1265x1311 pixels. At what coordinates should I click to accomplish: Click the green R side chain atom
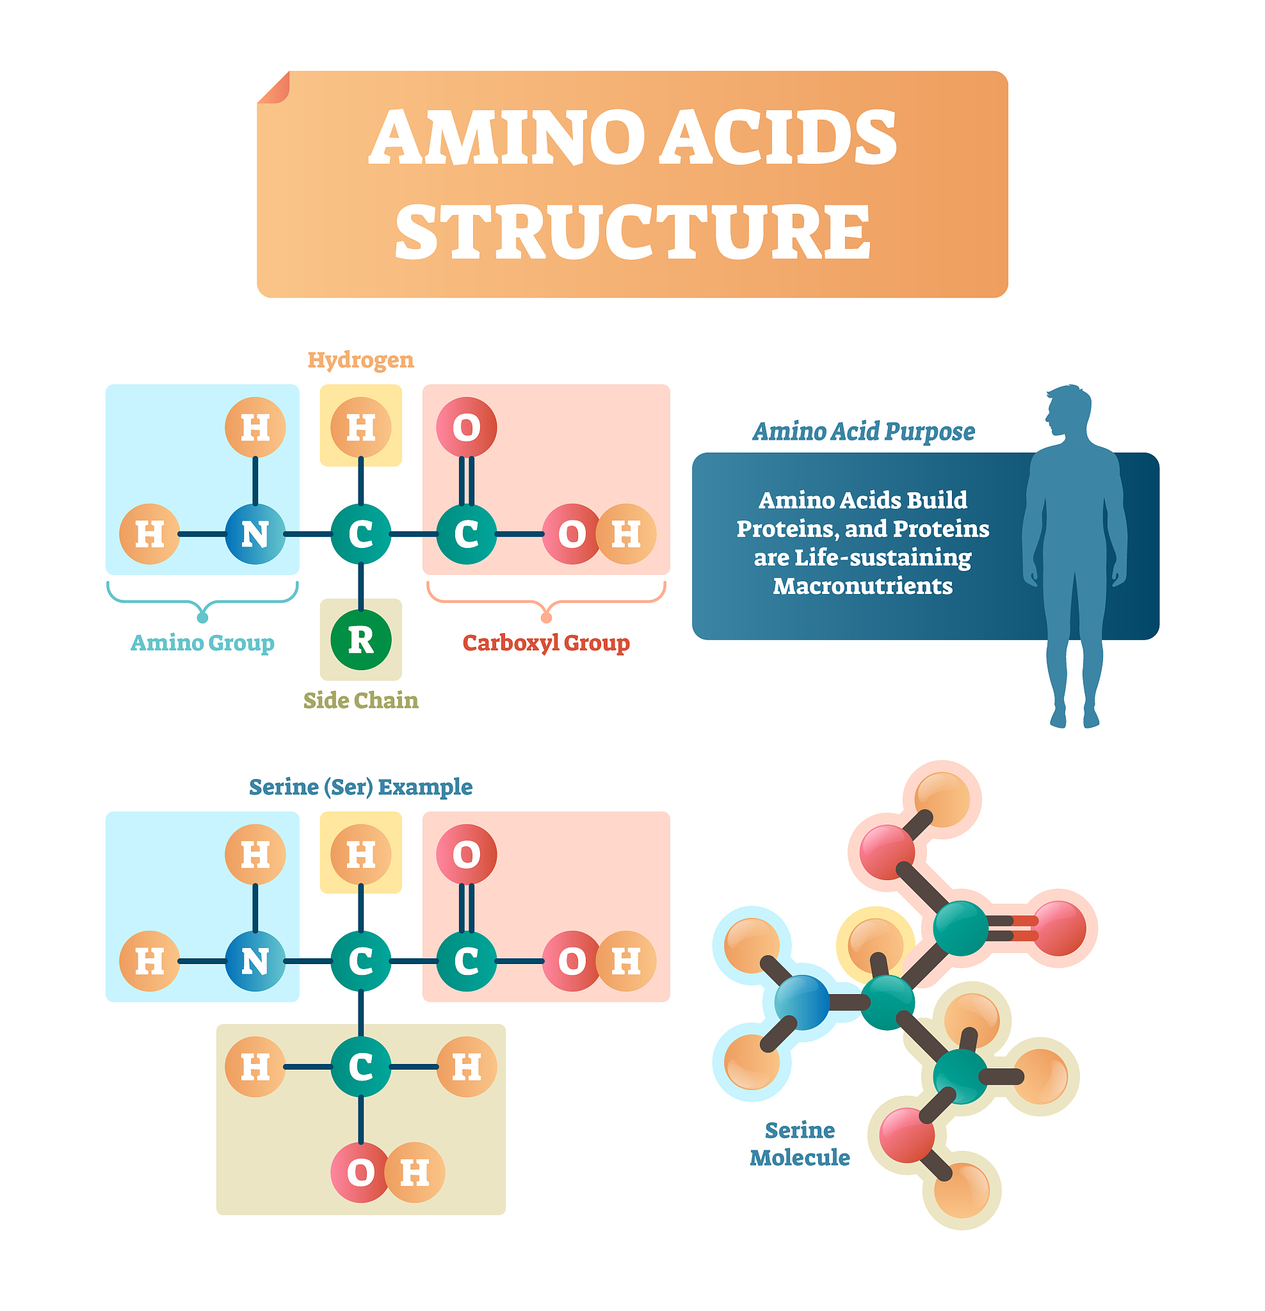coord(360,640)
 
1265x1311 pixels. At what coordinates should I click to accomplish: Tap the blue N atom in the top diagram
coord(255,534)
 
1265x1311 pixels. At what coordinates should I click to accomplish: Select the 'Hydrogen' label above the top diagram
coord(360,360)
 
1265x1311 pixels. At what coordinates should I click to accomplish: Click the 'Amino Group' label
coord(202,643)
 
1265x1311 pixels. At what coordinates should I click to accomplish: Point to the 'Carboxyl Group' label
coord(546,643)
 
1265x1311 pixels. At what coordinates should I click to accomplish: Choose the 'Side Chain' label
coord(360,700)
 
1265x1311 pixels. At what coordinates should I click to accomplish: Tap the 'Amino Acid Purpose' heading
coord(863,431)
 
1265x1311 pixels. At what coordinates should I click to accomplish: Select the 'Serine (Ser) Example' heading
coord(360,787)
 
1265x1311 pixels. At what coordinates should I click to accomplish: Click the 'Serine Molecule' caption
coord(800,1144)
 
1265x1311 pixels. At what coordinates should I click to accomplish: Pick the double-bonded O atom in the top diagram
coord(466,427)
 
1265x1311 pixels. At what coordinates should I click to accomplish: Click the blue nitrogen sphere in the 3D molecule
coord(802,1001)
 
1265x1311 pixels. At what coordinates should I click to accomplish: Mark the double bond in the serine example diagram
coord(466,908)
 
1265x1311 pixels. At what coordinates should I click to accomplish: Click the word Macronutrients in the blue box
coord(862,586)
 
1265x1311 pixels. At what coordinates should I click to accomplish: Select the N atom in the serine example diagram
coord(255,961)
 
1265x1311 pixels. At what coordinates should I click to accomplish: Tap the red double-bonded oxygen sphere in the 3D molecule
coord(1059,928)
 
